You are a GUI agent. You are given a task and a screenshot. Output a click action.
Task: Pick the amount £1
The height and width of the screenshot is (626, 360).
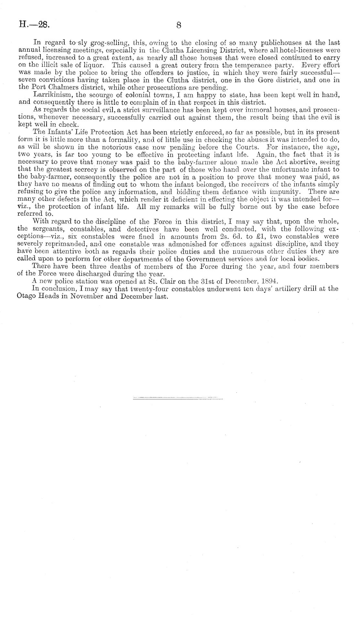tap(257, 236)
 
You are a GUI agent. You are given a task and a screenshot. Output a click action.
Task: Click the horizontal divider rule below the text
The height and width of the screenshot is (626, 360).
tap(178, 398)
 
